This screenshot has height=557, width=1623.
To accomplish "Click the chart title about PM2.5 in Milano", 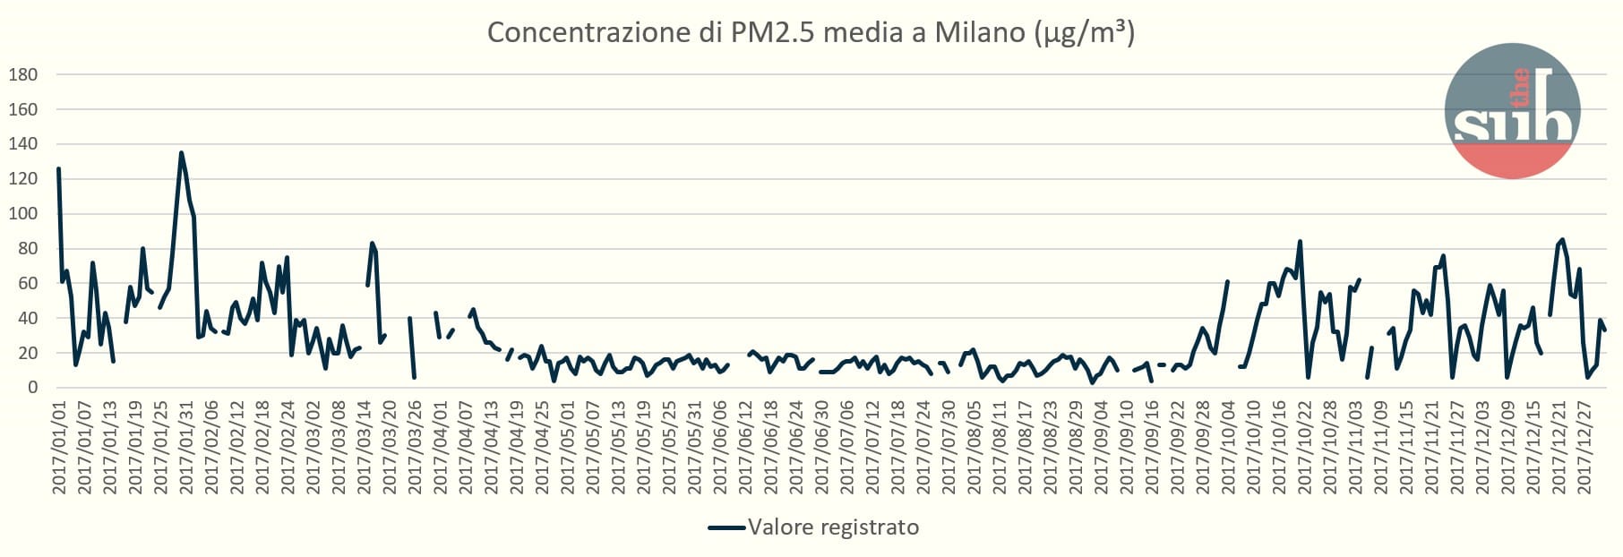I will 811,33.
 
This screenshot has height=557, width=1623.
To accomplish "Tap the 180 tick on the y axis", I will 23,75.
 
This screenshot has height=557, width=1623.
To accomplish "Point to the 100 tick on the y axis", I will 23,214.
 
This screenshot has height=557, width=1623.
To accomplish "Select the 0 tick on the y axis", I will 32,388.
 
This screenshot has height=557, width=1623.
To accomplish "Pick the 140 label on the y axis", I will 23,144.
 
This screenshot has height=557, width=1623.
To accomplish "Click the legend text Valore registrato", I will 833,527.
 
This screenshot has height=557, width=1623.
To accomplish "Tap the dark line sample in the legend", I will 726,527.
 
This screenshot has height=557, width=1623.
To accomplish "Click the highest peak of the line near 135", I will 181,153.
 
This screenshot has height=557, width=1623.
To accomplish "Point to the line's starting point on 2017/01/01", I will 58,168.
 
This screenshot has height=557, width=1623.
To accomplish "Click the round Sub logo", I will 1512,111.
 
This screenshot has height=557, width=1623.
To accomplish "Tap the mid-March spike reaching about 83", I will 372,244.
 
